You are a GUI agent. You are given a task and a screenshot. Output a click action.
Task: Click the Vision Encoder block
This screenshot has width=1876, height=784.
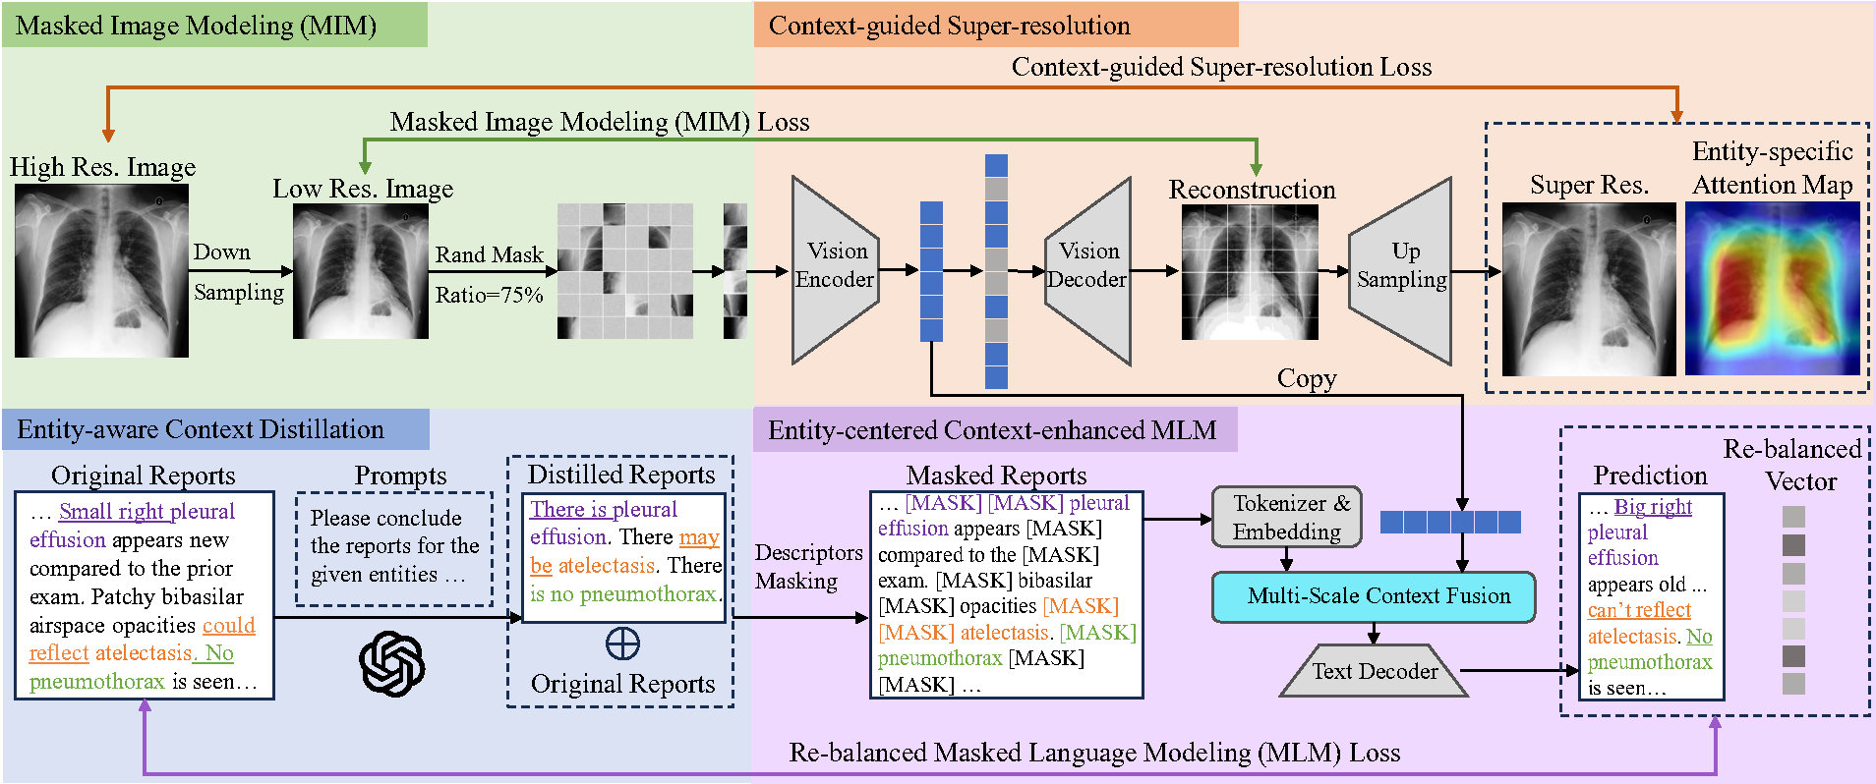pos(835,270)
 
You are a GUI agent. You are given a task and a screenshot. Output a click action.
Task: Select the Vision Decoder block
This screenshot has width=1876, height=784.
pos(1087,270)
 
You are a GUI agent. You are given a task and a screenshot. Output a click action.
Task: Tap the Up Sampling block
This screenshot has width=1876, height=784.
pos(1401,270)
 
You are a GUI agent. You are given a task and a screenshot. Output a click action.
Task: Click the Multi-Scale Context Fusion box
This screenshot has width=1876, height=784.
pos(1374,596)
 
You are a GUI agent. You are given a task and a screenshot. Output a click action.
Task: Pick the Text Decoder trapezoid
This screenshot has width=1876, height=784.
pos(1375,671)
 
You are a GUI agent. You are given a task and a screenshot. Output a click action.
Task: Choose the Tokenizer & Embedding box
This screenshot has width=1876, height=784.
pos(1287,517)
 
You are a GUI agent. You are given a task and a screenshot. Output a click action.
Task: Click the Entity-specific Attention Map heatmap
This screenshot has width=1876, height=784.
pos(1773,288)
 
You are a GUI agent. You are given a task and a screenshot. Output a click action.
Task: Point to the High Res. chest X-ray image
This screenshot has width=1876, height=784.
pos(101,270)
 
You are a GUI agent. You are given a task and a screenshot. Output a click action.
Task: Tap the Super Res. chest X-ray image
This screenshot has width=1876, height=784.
pos(1589,289)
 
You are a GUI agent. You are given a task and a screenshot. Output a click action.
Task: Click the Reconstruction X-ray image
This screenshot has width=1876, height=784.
pos(1250,272)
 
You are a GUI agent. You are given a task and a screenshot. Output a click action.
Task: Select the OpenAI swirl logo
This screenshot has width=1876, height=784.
pos(392,664)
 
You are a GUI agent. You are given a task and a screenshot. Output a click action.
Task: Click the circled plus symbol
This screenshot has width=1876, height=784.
pos(622,644)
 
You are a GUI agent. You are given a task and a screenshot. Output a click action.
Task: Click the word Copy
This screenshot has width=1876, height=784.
pos(1307,379)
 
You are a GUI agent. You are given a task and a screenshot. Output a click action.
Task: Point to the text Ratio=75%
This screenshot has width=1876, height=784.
pos(489,295)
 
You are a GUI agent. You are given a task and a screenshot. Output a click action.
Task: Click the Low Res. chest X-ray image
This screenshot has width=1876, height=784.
pos(361,272)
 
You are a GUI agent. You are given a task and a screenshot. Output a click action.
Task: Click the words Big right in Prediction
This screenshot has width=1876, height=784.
pos(1653,507)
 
